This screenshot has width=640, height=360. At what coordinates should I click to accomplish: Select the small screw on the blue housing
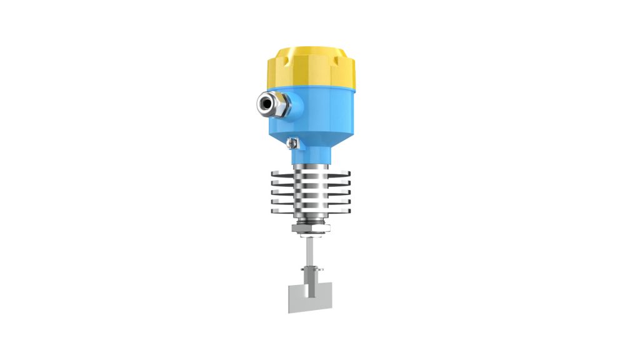point(291,144)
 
